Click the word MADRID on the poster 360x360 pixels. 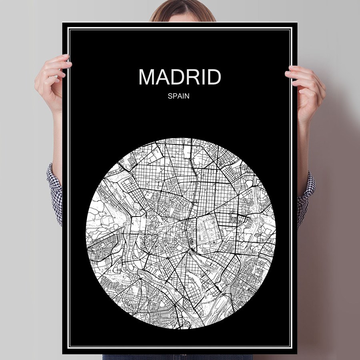pos(180,77)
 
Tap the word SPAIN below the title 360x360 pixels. pos(180,96)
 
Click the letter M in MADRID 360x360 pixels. pos(147,77)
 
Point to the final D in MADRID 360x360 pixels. pos(213,77)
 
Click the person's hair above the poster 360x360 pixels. pos(182,10)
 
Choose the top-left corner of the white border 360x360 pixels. pos(68,28)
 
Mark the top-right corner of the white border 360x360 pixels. pos(292,28)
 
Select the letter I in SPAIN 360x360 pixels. pos(184,96)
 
